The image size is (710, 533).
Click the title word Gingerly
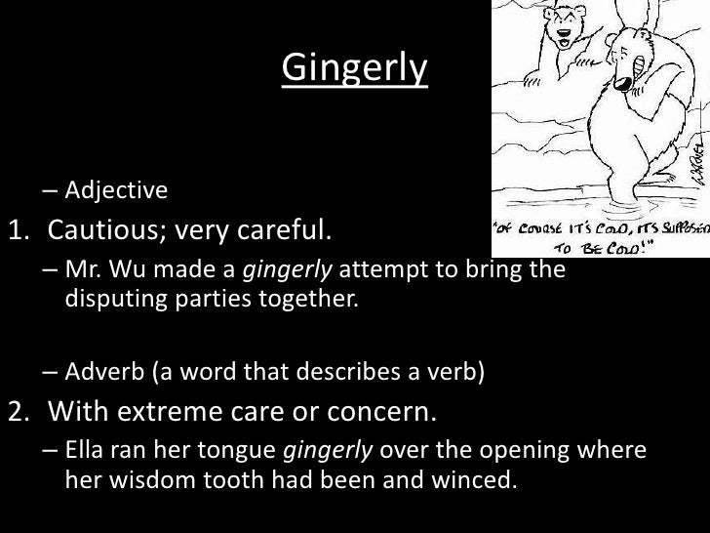[x=355, y=68]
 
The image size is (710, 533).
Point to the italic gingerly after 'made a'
[x=279, y=270]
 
